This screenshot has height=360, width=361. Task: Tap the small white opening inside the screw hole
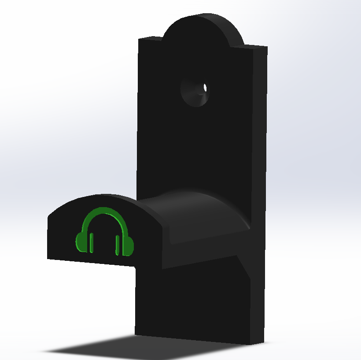[x=204, y=88]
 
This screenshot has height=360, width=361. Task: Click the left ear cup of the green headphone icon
[x=81, y=241]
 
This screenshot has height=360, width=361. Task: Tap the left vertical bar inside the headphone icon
[x=92, y=243]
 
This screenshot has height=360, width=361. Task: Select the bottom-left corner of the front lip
[x=48, y=258]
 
